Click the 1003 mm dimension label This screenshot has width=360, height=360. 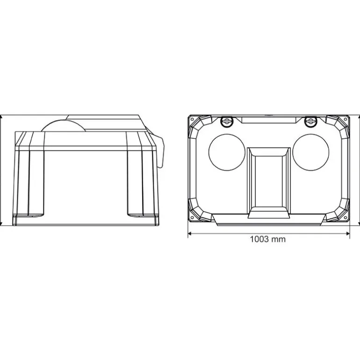268,239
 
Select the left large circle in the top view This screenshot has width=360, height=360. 227,152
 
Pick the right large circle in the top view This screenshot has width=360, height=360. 311,152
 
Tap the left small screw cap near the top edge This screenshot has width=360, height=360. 227,121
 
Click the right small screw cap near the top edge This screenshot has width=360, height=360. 310,121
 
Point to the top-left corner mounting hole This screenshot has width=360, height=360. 192,119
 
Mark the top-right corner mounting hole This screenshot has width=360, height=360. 346,119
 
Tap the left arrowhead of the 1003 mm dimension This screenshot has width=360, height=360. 190,234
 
